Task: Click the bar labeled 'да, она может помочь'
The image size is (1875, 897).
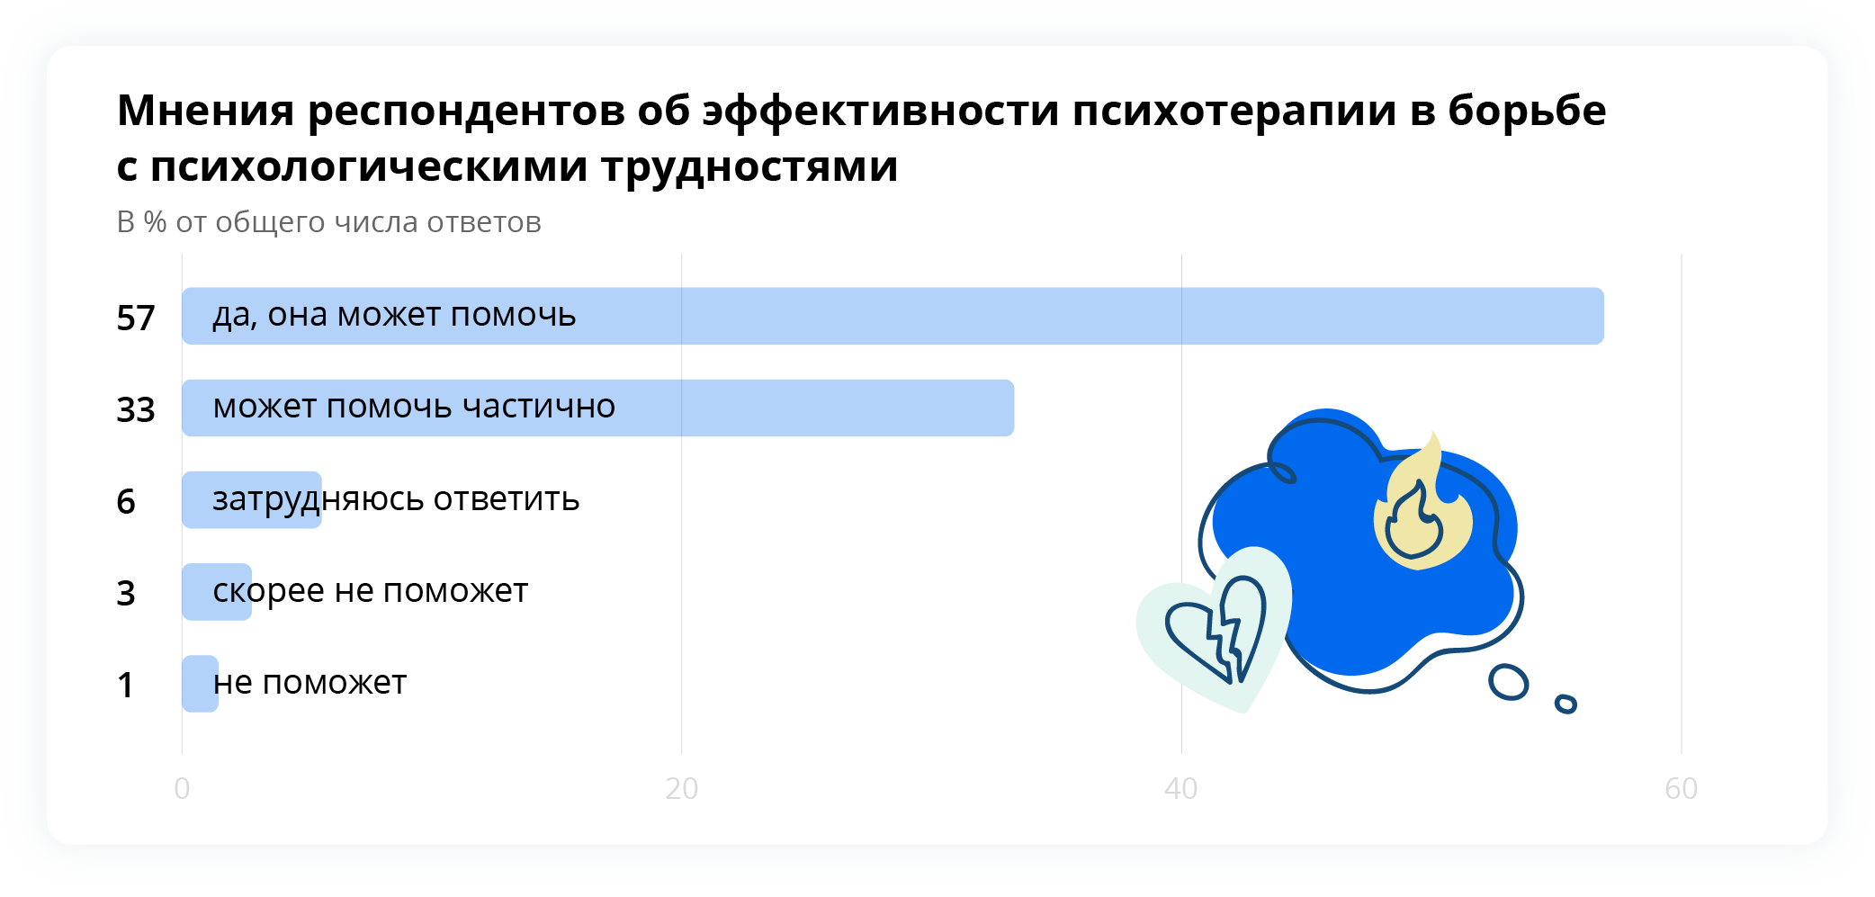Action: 893,316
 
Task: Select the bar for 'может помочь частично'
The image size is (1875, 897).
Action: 597,408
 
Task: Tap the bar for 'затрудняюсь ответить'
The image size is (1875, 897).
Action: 251,499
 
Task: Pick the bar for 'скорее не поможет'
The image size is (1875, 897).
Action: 216,591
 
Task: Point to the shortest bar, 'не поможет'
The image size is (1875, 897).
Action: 200,684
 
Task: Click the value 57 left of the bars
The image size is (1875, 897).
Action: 136,318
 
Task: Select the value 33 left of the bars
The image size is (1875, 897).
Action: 136,410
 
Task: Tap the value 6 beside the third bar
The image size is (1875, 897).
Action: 126,502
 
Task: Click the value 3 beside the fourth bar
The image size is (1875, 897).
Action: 126,594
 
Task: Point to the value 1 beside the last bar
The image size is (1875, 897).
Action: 126,686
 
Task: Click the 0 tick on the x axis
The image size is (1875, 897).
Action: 182,788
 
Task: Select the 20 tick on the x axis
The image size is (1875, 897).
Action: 681,788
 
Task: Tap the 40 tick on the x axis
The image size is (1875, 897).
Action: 1180,788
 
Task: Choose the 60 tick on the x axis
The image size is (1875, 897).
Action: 1681,788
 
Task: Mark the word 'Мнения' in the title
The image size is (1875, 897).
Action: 206,111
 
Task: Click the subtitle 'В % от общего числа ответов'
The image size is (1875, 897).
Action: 329,222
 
